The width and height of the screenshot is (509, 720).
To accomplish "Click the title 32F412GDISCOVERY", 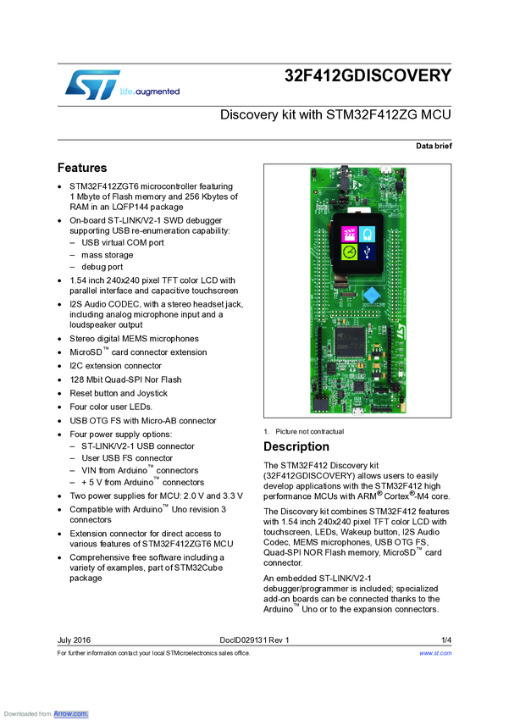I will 368,75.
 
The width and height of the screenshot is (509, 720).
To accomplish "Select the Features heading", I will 82,168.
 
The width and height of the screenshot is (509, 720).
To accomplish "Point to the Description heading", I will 296,446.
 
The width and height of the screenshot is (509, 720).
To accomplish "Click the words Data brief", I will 434,147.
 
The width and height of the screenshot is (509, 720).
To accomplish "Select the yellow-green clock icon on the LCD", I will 348,252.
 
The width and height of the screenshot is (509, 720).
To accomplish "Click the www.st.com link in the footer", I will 435,653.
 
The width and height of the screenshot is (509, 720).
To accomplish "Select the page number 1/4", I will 445,640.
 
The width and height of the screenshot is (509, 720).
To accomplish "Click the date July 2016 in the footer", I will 74,640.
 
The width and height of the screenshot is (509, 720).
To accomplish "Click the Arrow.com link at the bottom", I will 71,714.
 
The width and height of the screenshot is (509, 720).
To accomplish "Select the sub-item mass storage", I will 107,254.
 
